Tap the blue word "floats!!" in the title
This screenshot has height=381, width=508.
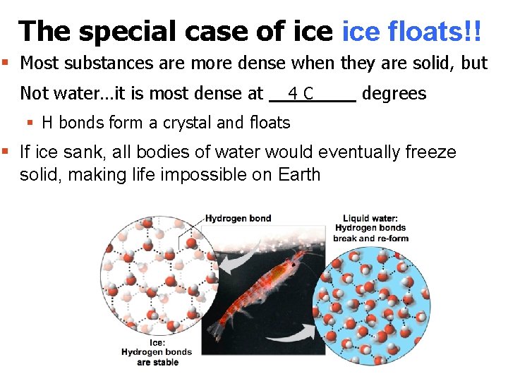[437, 31]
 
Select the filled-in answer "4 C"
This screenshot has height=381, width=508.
[301, 93]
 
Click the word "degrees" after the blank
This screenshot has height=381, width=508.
[394, 93]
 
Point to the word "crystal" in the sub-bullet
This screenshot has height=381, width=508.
[187, 123]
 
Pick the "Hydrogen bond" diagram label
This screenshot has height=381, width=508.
[238, 218]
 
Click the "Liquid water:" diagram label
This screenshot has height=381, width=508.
[371, 218]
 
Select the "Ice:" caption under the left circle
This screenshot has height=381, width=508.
[157, 342]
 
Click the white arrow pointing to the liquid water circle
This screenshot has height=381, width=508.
[297, 330]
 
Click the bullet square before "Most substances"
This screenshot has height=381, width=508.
[6, 63]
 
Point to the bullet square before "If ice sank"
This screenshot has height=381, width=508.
[6, 151]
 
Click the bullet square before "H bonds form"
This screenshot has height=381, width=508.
[30, 122]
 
